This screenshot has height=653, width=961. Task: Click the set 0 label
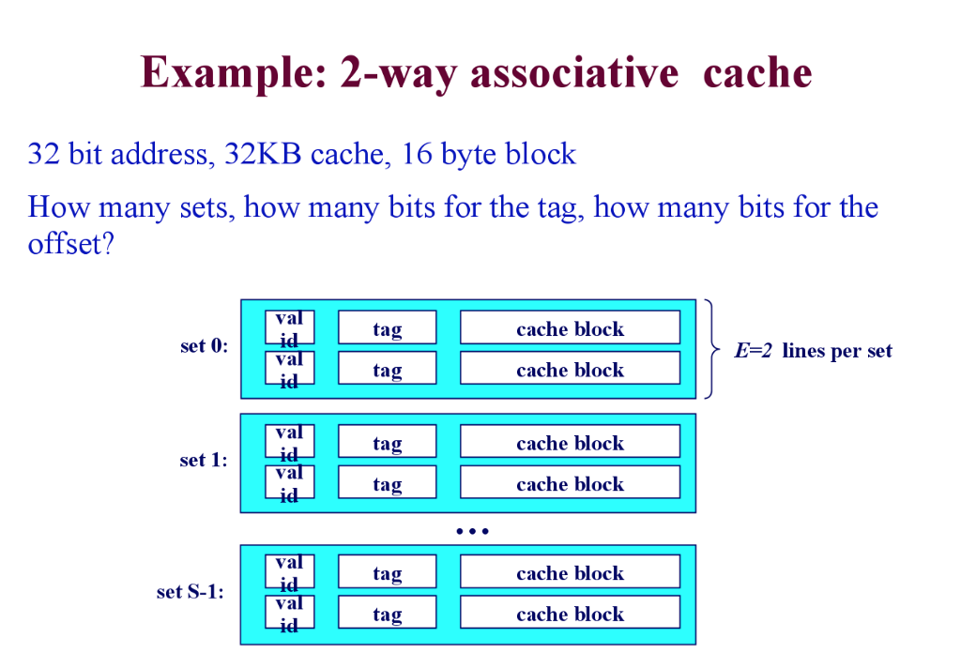point(204,347)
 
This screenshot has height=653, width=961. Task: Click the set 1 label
point(204,461)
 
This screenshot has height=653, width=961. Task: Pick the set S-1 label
point(191,592)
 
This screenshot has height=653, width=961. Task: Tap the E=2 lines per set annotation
point(813,351)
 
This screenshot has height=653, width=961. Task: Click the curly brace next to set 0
point(713,349)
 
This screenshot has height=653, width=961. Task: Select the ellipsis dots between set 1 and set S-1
point(472,531)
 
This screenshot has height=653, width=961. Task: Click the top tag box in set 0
point(387,328)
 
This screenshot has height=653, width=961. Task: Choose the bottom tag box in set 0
point(387,369)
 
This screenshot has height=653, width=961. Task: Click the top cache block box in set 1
point(570,442)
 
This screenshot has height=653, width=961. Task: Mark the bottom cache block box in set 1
point(570,483)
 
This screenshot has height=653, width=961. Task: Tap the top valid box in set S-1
point(289,571)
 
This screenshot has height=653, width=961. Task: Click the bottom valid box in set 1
point(289,482)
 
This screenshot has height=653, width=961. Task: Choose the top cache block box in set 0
point(570,328)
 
